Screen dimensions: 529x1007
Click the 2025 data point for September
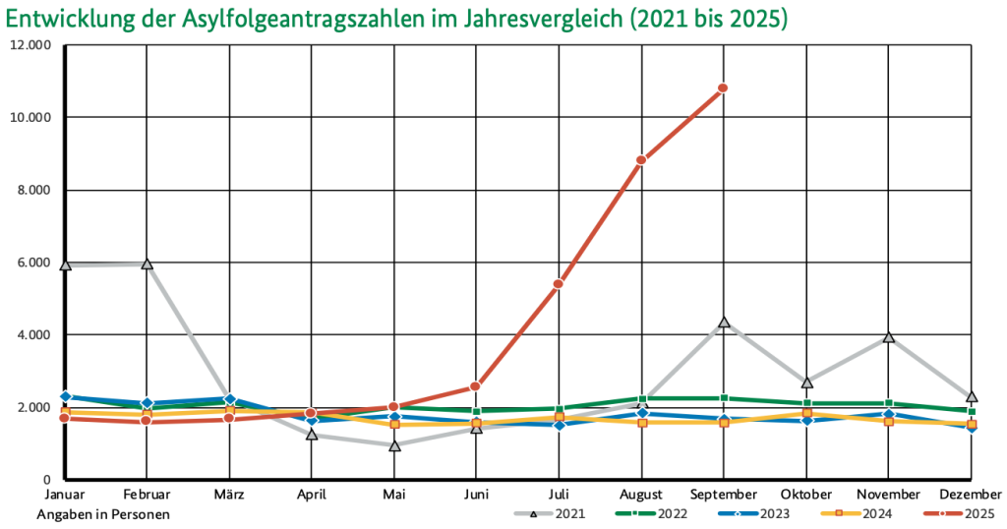723,88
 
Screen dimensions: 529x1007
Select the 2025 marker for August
640,160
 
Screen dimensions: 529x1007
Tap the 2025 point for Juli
558,284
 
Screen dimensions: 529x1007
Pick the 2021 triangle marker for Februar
147,264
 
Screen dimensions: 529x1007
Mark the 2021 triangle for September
723,322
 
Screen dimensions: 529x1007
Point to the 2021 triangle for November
888,336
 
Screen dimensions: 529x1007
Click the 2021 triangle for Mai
394,445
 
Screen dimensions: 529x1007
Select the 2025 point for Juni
475,386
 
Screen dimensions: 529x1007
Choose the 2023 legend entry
749,512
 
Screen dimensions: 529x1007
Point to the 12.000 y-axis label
30,45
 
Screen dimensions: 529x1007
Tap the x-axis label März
229,494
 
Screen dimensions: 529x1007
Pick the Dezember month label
971,494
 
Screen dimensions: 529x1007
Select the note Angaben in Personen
103,513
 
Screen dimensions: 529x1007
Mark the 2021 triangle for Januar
65,264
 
